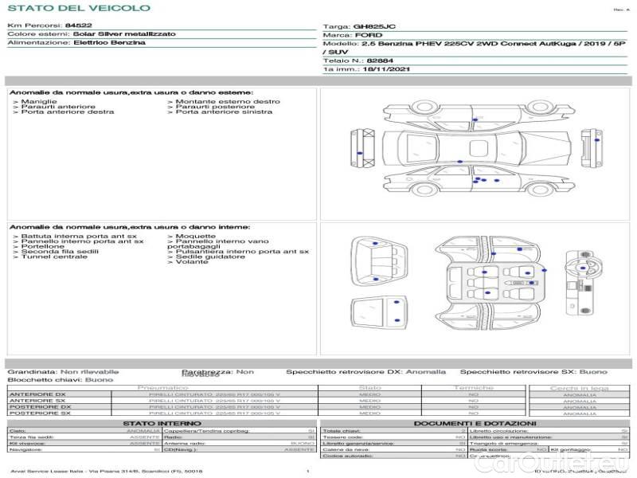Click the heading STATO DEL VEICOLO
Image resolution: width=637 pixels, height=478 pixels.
[78, 9]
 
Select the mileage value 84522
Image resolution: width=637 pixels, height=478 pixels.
[79, 26]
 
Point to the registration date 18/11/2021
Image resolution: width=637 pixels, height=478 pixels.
[381, 69]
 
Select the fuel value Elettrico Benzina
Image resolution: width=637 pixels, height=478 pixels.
[110, 43]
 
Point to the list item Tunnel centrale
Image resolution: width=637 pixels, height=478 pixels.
[53, 257]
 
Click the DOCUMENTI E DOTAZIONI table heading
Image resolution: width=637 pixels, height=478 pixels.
[475, 423]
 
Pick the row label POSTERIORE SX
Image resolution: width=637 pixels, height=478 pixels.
[39, 413]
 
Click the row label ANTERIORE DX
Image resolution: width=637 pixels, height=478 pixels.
[37, 394]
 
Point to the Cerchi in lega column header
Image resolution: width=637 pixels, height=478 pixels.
[579, 388]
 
